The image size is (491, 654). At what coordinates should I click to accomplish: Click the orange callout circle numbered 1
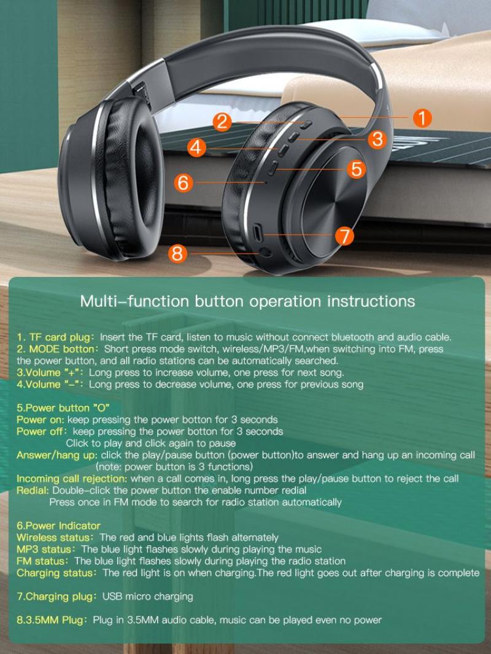422,118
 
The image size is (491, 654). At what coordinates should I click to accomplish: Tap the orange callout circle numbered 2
222,122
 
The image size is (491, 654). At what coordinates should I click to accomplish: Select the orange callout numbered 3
377,139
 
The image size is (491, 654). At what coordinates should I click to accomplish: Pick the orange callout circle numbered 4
197,147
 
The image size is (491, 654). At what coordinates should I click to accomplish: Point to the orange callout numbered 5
357,169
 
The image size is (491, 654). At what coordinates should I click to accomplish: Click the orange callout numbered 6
184,182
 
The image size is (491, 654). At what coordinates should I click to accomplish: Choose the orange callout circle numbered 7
344,236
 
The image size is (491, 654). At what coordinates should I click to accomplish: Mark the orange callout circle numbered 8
177,253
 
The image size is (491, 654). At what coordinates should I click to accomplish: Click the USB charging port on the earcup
258,232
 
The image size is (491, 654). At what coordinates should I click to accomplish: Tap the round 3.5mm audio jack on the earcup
265,252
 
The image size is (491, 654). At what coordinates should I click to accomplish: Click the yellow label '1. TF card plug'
56,337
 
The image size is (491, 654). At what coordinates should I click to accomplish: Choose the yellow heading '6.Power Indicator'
58,526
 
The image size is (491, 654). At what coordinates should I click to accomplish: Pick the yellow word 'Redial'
33,490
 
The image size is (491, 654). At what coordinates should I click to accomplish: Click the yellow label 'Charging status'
55,573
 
